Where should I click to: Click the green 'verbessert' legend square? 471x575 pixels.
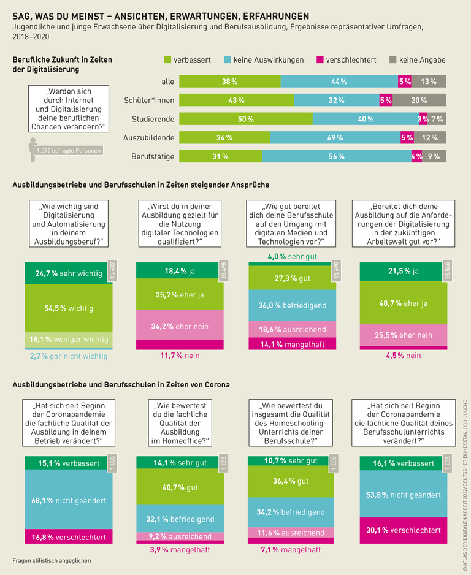tap(167, 60)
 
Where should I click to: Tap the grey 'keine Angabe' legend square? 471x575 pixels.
tap(393, 60)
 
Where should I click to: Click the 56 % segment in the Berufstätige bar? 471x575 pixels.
tap(336, 156)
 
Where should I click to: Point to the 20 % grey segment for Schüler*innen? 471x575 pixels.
tap(419, 100)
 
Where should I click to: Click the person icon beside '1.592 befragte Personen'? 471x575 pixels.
tap(33, 148)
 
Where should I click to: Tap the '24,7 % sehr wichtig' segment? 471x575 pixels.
tap(69, 273)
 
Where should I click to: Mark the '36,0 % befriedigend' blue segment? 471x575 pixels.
tap(292, 305)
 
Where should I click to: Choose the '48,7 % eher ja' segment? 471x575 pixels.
tap(403, 303)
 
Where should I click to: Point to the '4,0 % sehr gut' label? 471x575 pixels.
tap(291, 256)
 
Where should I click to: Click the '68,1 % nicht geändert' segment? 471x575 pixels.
tap(69, 500)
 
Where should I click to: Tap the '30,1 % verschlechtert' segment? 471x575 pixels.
tap(403, 530)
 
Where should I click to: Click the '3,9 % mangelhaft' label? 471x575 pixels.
tap(180, 550)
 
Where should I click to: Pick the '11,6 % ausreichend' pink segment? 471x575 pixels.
tap(292, 533)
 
